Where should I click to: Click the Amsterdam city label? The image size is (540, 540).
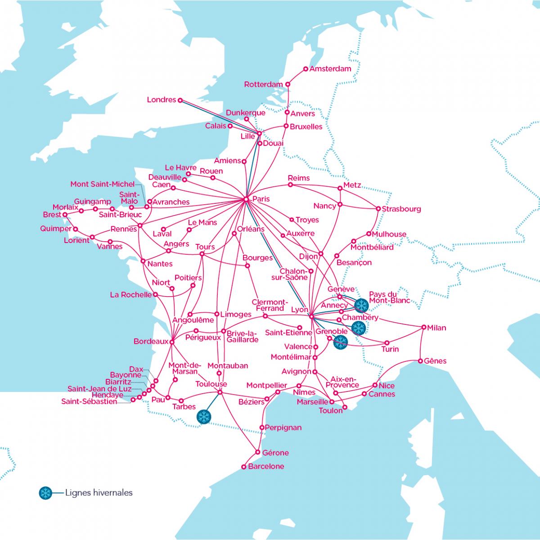330,69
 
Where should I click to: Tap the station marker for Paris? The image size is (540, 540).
246,199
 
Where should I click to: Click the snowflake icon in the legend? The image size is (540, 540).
45,493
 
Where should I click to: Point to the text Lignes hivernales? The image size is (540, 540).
99,493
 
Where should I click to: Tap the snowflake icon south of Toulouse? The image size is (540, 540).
204,416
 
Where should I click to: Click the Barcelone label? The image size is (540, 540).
266,466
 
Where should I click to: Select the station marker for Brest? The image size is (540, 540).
65,215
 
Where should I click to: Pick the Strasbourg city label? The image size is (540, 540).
401,209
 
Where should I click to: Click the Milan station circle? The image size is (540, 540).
423,327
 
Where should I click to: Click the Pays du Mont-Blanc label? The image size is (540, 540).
389,297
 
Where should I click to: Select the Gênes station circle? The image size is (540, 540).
420,361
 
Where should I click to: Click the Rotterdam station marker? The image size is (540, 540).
288,84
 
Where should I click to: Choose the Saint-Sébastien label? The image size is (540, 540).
89,401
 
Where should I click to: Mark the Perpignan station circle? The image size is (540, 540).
262,427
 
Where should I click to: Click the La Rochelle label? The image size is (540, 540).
131,295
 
